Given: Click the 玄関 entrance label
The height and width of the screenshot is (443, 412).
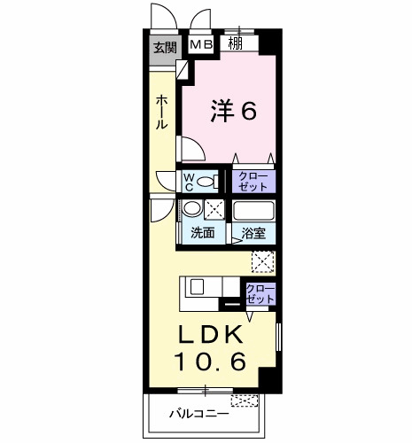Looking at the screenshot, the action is tap(165, 48).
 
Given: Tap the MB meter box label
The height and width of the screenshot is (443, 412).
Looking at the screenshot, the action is tap(201, 44).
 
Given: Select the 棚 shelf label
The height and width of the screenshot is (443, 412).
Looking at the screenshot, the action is tap(236, 43).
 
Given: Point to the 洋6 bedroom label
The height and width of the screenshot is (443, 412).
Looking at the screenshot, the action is tap(233, 111).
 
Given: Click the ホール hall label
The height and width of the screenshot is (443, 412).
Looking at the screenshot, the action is tap(161, 113).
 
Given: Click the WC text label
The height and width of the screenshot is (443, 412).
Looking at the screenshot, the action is tap(189, 182).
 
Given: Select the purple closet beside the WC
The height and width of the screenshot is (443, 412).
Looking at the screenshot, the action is tap(253, 182).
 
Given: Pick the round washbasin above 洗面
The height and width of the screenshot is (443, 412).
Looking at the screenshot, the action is tap(192, 208).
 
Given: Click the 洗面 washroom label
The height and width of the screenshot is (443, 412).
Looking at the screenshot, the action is tap(202, 233).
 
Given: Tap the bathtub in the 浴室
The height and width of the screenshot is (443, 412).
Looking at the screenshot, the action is tap(253, 210).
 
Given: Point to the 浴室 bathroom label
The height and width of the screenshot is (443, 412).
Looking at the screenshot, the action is tap(253, 233).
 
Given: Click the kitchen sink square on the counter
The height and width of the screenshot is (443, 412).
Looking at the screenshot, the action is tap(197, 286).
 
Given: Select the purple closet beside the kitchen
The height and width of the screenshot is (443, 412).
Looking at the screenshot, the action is tap(260, 294).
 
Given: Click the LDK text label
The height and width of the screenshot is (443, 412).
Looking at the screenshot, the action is tap(210, 334).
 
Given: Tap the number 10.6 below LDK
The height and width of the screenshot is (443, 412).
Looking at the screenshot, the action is tap(210, 361).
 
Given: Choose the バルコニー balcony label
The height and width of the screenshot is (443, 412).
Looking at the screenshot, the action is tap(198, 414).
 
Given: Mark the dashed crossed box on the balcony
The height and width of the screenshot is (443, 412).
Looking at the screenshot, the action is tap(245, 400).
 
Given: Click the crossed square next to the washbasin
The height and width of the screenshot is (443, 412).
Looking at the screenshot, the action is tap(214, 209).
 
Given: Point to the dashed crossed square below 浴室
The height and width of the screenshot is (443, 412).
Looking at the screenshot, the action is tap(263, 262).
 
